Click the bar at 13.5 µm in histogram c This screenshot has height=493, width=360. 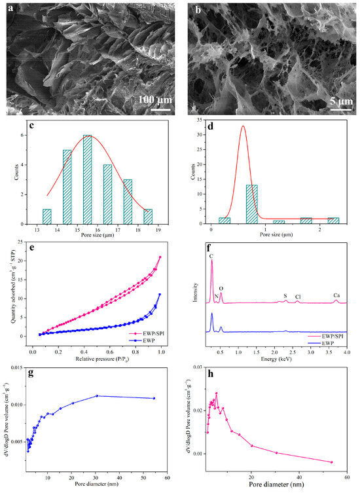point(46,217)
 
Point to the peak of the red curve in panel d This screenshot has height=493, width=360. point(242,126)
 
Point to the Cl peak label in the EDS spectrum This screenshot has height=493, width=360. point(298,295)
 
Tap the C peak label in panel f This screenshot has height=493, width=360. point(211,256)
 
